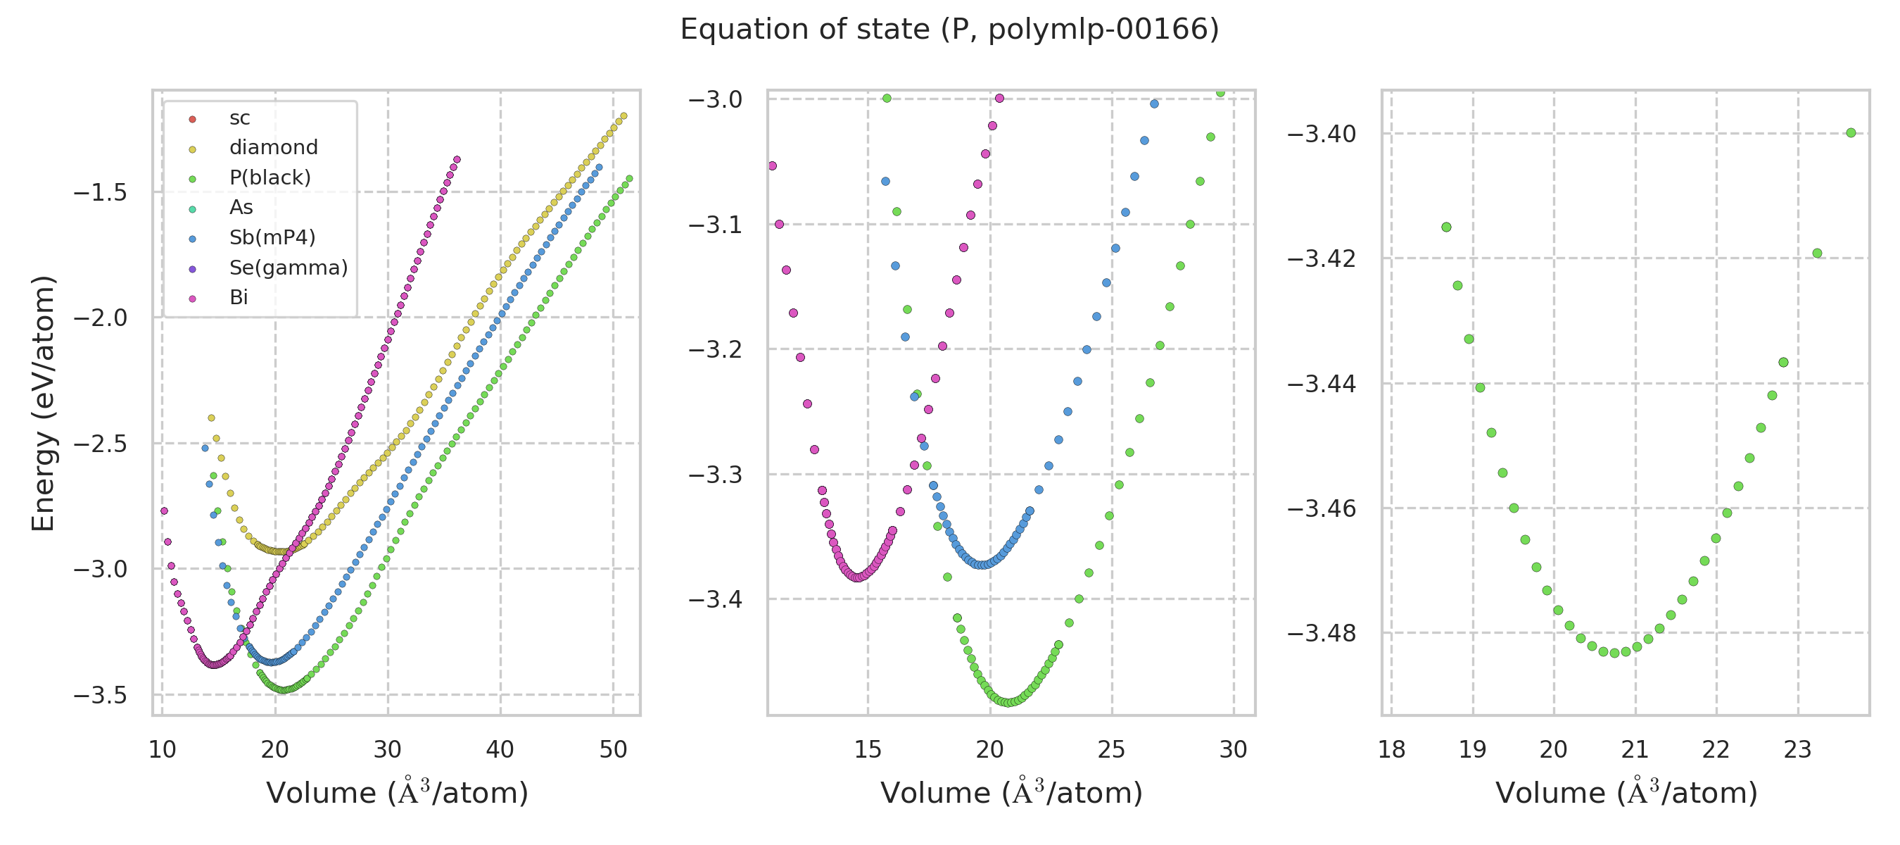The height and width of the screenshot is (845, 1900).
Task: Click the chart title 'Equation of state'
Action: click(949, 30)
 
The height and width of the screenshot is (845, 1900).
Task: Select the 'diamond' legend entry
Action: click(273, 148)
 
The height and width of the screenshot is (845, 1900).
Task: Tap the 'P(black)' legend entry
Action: click(270, 178)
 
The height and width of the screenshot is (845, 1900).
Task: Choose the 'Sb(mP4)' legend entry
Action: click(272, 237)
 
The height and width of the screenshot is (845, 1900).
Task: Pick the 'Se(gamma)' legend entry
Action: click(289, 268)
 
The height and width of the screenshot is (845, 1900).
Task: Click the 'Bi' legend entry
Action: click(239, 297)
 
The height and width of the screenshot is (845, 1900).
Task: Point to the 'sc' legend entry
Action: click(240, 118)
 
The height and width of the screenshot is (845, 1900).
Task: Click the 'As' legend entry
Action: click(241, 207)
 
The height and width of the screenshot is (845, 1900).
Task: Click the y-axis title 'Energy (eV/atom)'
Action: click(44, 403)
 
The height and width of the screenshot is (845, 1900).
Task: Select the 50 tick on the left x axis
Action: click(613, 750)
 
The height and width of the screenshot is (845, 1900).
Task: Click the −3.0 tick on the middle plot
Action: click(715, 99)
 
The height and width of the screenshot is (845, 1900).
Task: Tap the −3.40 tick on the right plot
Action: click(1321, 134)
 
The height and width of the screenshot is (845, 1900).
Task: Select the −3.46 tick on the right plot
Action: click(1321, 508)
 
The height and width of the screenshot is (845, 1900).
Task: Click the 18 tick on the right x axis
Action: click(1392, 750)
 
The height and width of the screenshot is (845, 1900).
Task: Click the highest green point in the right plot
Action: click(1851, 133)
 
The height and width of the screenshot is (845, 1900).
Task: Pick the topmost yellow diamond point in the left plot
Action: click(624, 116)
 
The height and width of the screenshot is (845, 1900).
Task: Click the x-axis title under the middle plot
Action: click(1011, 794)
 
